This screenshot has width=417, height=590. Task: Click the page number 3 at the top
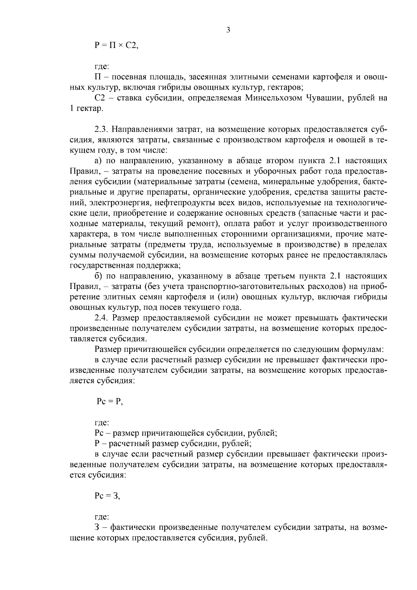click(x=228, y=30)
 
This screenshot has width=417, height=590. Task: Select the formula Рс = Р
click(x=109, y=402)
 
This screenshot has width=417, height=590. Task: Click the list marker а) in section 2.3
click(x=98, y=161)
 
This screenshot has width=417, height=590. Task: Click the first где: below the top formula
click(x=102, y=66)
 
